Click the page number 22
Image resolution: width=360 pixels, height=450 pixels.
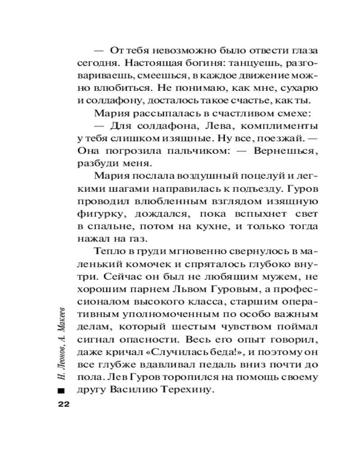click(x=62, y=404)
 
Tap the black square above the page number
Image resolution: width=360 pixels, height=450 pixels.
click(x=62, y=390)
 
